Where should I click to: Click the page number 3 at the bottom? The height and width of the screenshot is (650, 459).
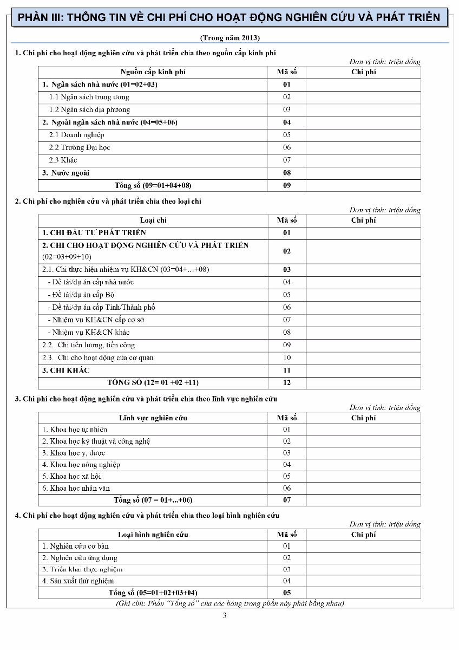click(x=224, y=615)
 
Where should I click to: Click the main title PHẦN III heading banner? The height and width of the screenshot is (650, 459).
click(x=229, y=17)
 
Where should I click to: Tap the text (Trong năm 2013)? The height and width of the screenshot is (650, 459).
click(x=229, y=38)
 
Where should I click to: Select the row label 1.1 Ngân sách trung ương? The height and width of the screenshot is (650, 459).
click(x=89, y=97)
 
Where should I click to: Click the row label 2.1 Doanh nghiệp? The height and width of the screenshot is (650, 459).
click(x=77, y=135)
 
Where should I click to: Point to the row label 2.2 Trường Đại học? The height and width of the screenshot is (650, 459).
click(x=80, y=147)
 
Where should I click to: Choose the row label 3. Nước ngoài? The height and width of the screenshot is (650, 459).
click(x=66, y=173)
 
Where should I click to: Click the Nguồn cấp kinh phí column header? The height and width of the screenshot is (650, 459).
click(x=153, y=72)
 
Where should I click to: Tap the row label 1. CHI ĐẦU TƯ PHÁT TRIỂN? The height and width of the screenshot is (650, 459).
click(x=94, y=233)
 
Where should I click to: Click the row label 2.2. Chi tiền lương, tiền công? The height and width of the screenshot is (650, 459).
click(x=89, y=345)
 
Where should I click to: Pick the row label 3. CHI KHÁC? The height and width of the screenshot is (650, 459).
click(x=66, y=370)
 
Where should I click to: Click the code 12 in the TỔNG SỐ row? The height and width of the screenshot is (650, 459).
click(x=287, y=383)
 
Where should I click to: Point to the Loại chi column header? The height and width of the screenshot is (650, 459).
click(x=153, y=220)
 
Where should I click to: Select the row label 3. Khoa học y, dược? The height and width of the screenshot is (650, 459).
click(x=74, y=453)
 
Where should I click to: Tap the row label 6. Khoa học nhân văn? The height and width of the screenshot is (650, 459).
click(x=76, y=488)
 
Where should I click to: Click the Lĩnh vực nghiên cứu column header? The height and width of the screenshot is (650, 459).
click(x=153, y=418)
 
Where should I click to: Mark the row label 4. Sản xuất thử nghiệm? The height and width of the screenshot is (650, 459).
click(x=78, y=581)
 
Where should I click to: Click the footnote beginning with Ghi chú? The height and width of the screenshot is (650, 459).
click(x=230, y=603)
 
